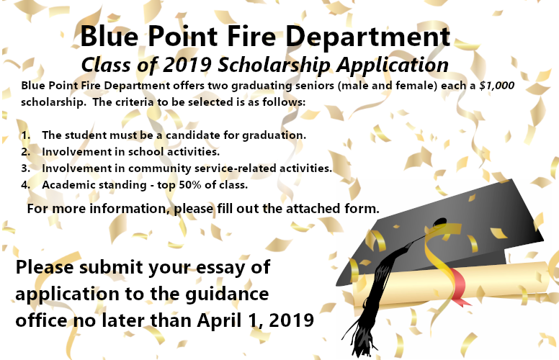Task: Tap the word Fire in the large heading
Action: click(251, 36)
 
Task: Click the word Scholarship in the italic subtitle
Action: click(274, 66)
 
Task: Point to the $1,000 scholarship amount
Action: click(497, 86)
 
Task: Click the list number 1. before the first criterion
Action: click(26, 135)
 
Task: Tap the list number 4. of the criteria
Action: click(26, 185)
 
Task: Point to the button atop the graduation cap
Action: click(439, 222)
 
